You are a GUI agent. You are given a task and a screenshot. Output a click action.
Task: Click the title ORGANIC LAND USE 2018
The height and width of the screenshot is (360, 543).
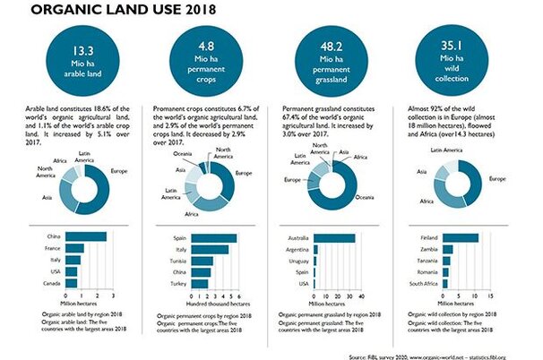click(126, 12)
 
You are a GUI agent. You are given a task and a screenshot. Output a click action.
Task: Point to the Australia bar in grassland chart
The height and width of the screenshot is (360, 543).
click(336, 237)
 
